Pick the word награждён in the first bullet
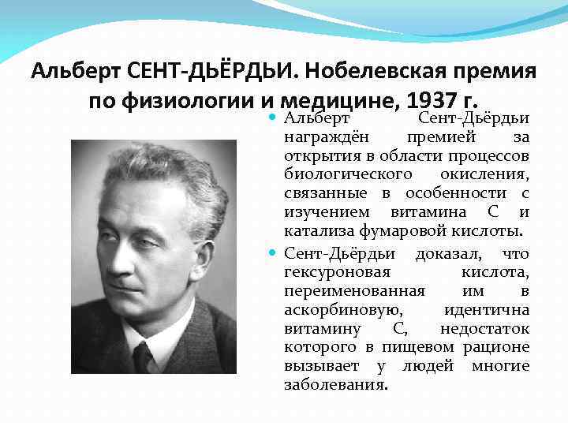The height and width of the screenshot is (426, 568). point(319,136)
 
